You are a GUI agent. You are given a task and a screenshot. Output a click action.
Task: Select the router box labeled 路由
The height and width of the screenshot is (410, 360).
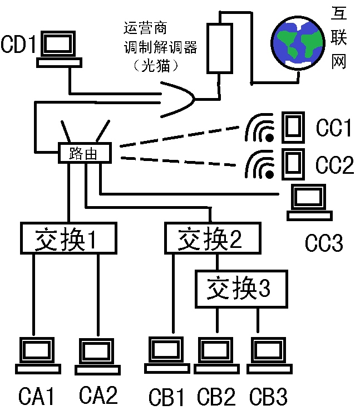point(85,153)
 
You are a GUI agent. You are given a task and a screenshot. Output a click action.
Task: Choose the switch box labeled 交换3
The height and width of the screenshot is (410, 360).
point(241,289)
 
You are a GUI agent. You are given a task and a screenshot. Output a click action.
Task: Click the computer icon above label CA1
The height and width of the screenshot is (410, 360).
point(37,355)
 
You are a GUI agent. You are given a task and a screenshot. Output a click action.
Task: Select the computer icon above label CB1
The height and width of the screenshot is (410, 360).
point(166,355)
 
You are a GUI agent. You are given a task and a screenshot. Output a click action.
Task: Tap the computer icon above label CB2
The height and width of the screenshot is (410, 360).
point(216,355)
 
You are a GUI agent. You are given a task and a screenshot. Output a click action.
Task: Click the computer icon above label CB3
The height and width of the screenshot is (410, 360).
point(268,355)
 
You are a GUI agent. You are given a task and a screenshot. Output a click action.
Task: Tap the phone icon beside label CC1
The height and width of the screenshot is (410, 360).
point(293,127)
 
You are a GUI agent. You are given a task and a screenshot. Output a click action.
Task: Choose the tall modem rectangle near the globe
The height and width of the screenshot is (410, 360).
point(220,48)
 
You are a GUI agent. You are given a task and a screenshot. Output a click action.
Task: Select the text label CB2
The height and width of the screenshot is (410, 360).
point(216,397)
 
